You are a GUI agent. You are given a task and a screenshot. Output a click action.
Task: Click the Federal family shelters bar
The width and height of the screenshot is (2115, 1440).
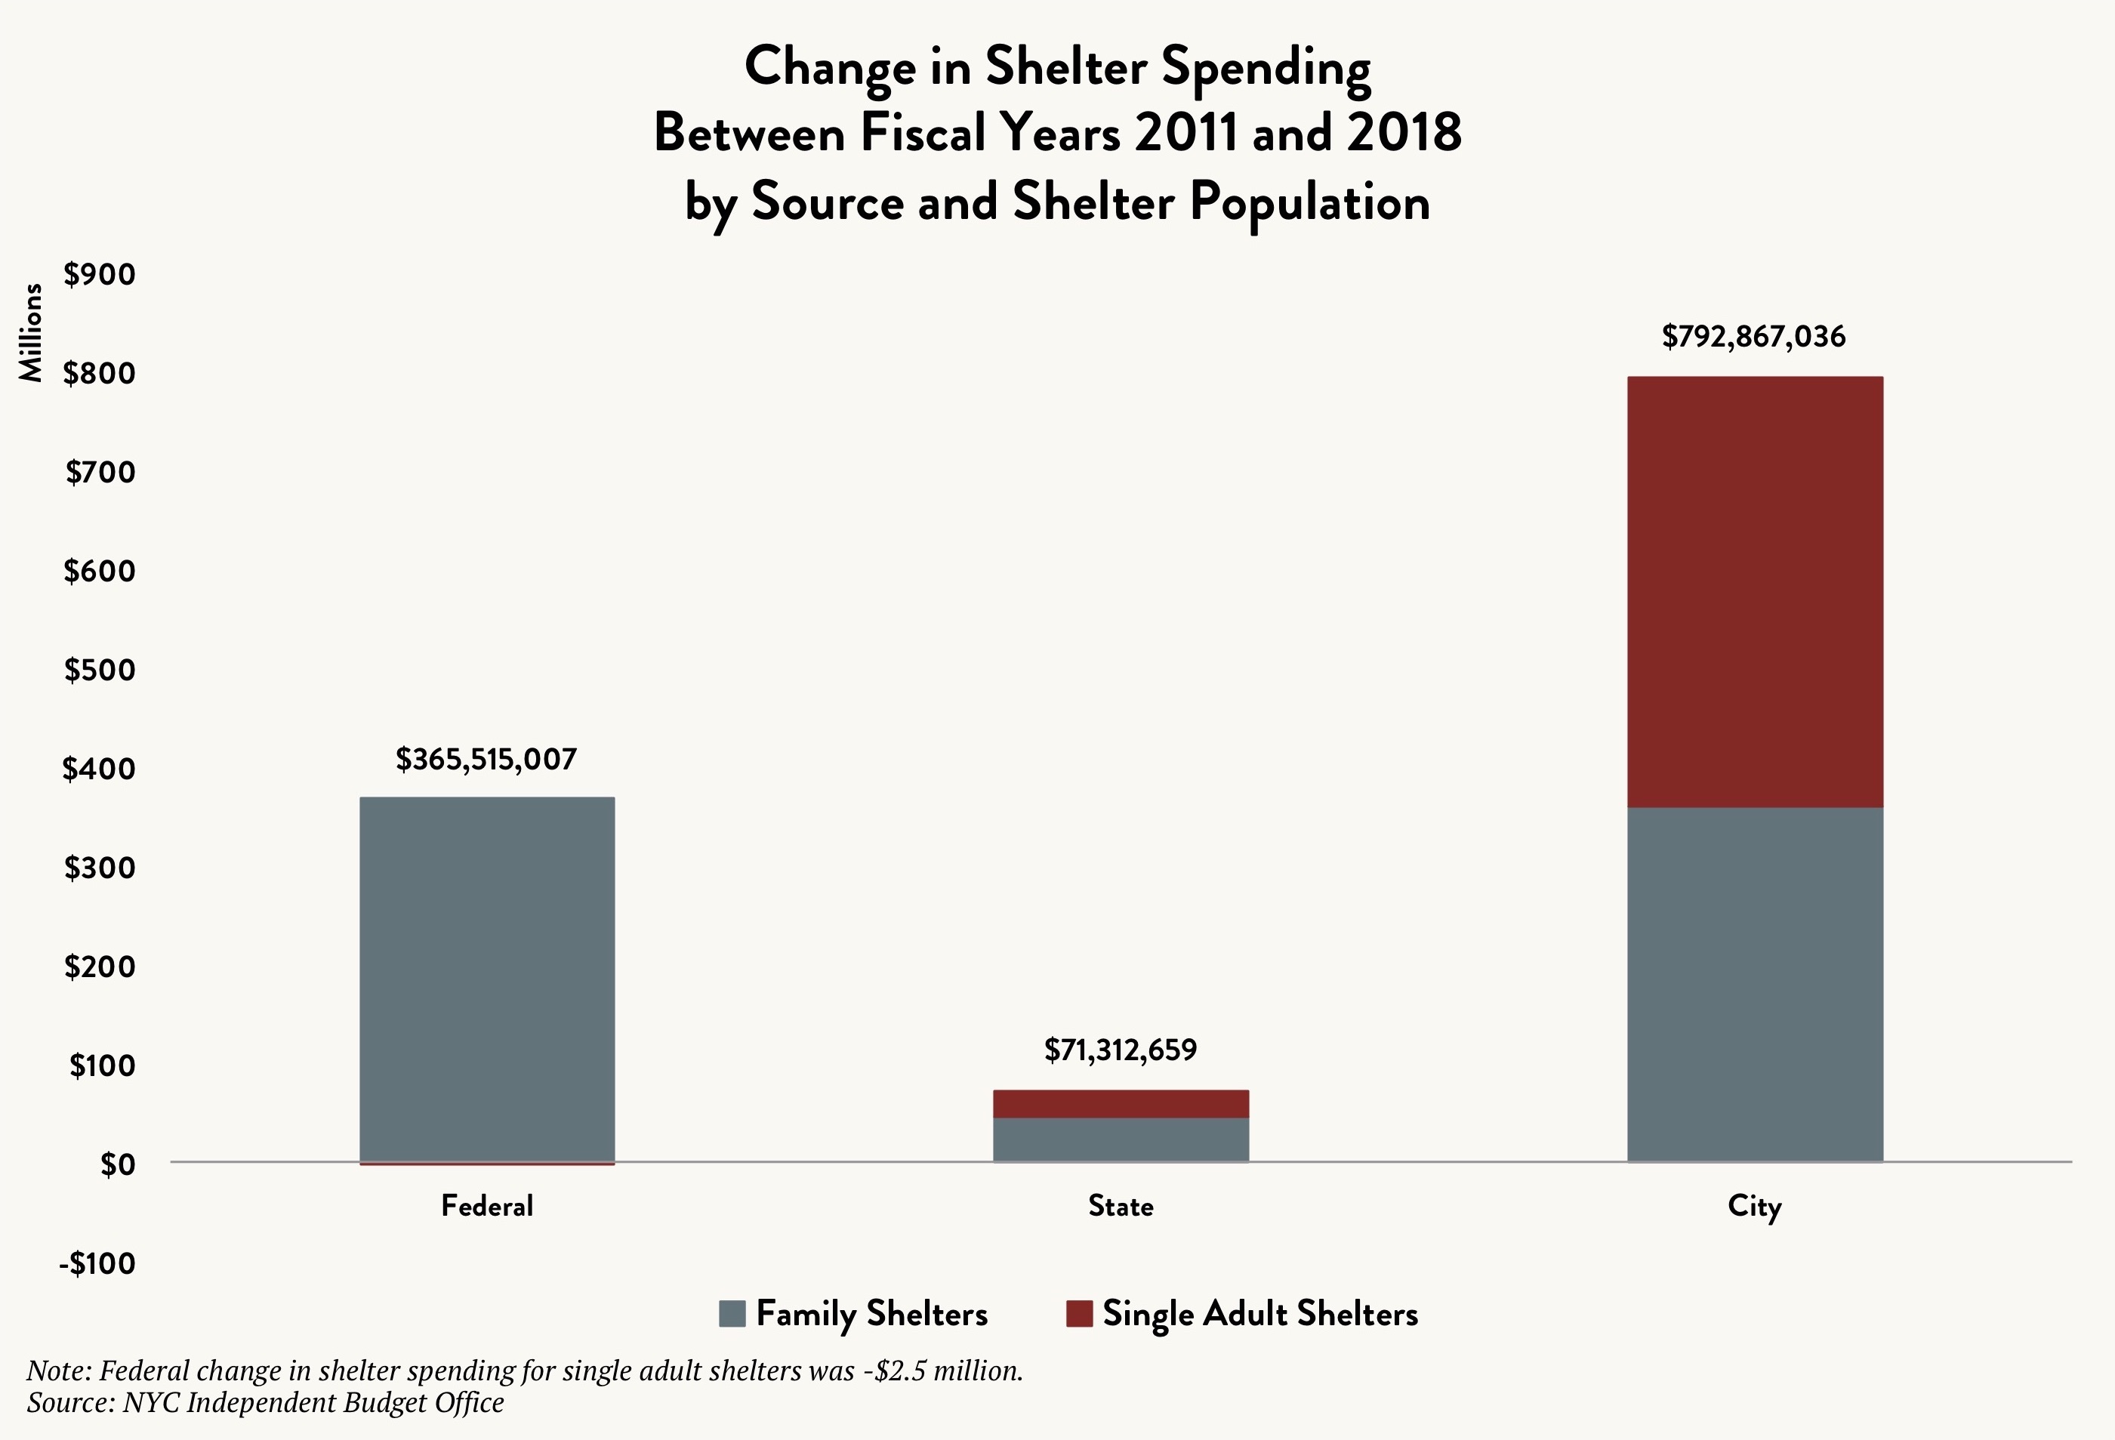(487, 979)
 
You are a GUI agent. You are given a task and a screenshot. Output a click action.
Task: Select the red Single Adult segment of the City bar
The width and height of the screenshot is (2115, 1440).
(1755, 592)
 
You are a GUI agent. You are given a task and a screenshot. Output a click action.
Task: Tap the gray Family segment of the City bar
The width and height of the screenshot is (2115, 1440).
(1755, 984)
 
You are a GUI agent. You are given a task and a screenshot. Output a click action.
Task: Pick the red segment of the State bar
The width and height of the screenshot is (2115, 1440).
(1121, 1103)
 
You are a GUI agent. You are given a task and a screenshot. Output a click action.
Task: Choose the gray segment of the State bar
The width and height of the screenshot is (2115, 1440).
(1121, 1139)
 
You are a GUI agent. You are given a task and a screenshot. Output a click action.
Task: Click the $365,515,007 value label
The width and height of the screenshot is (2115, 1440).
(486, 759)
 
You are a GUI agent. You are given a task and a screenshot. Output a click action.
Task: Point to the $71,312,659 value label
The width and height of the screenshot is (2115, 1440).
(1121, 1050)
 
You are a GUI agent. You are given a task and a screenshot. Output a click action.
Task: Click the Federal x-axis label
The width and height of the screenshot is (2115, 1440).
(487, 1206)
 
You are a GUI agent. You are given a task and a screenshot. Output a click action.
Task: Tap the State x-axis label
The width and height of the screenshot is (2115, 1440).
(1121, 1206)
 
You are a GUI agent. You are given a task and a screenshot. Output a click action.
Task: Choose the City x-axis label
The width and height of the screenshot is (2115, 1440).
(1754, 1207)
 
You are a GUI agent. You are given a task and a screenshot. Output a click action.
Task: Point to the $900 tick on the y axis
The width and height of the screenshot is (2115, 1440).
(99, 274)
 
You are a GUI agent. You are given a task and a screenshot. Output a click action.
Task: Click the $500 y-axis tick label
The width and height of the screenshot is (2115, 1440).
(99, 670)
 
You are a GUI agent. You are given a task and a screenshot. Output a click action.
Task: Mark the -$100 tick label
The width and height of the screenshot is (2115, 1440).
(97, 1263)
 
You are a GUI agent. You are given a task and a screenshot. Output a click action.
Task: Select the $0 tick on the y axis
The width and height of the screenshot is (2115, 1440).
(117, 1164)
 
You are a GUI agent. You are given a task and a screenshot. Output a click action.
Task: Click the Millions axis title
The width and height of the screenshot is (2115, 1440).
(31, 332)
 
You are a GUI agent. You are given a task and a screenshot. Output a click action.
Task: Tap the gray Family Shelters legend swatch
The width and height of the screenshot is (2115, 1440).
(732, 1313)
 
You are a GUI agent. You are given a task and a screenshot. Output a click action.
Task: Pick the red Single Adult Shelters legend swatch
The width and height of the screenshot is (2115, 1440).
(1078, 1313)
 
